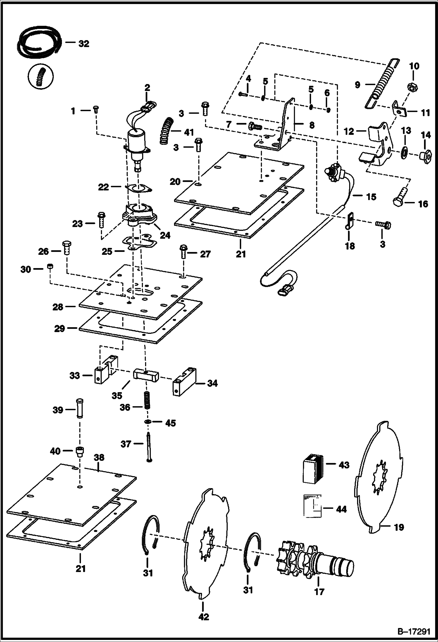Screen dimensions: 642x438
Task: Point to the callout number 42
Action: click(x=204, y=617)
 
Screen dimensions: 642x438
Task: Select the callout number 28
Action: click(x=58, y=307)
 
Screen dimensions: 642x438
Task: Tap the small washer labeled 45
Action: click(x=148, y=422)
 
